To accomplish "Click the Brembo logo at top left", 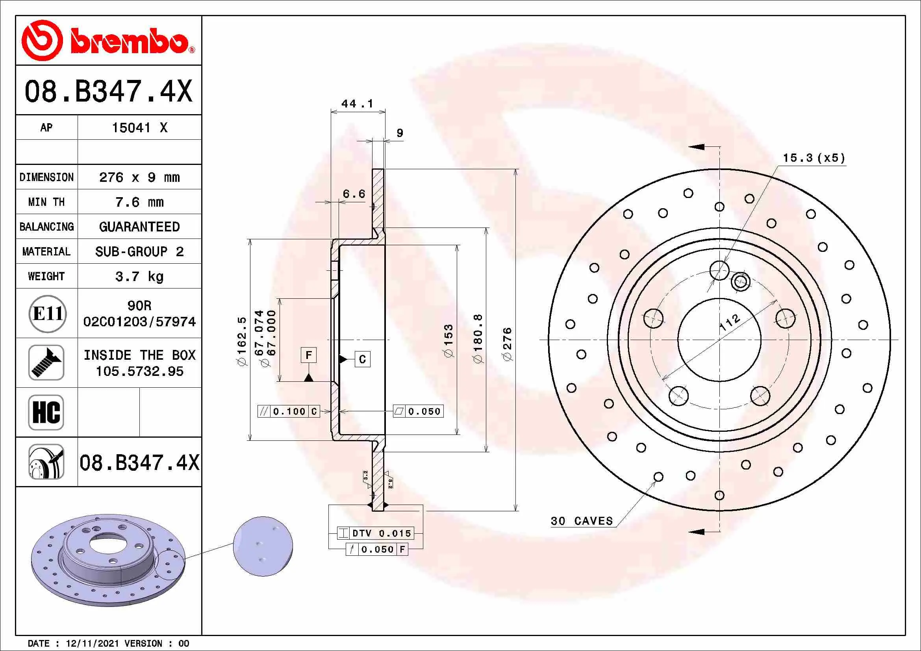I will (x=107, y=41).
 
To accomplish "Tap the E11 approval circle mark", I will (x=47, y=313).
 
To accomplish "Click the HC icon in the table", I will (x=46, y=412).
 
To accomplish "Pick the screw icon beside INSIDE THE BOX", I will (x=46, y=363).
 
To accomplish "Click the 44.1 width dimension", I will (x=357, y=104).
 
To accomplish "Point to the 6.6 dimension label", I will (x=354, y=194).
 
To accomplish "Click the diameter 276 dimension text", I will (x=507, y=344).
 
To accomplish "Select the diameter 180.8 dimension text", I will (x=478, y=339).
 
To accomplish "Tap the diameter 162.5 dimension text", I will (x=242, y=341).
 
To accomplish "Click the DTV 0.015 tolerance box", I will (x=375, y=533).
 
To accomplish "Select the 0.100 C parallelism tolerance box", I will (x=289, y=411).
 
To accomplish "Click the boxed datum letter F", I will (x=308, y=355).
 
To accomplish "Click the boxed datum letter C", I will (x=362, y=359).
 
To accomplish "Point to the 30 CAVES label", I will (x=582, y=521).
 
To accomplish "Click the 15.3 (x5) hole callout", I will (x=814, y=158).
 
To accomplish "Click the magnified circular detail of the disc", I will (x=263, y=546).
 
